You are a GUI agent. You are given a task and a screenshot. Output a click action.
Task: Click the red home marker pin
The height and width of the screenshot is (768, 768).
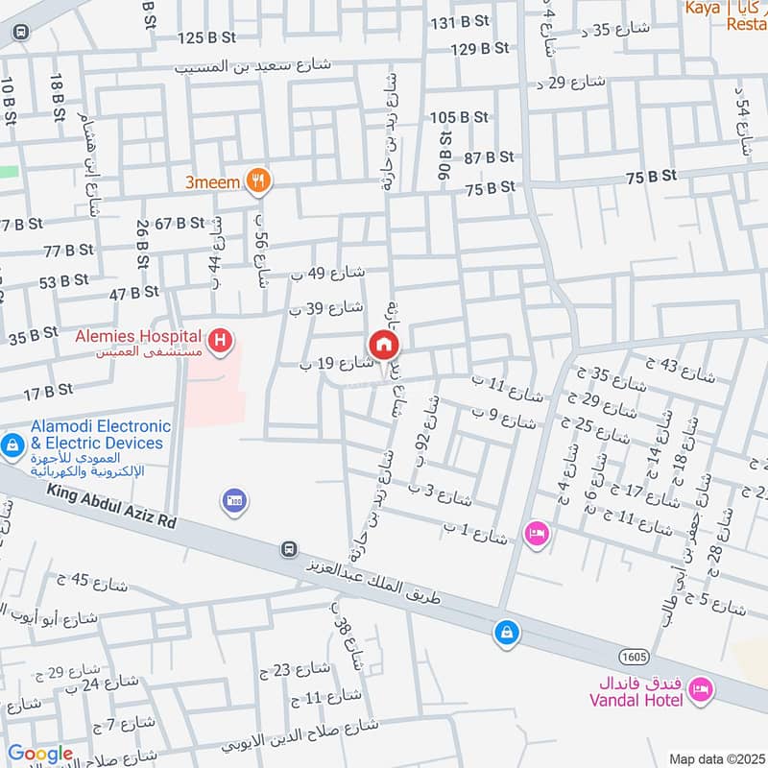coord(383,345)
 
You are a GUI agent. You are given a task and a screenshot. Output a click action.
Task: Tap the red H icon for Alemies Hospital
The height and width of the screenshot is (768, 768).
coord(222,340)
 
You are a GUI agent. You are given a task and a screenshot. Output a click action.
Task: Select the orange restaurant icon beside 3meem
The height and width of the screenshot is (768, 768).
coord(257,180)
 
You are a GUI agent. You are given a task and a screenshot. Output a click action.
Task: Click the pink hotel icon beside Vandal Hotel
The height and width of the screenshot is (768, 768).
coord(701,689)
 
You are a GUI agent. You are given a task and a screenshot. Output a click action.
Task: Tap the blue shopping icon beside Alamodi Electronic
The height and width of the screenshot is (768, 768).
coord(12,444)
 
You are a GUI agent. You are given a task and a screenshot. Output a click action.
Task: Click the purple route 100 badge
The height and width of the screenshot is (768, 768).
coord(233,500)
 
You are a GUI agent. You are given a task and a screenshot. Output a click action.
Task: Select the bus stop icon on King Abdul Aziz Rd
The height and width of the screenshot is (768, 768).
coord(287,549)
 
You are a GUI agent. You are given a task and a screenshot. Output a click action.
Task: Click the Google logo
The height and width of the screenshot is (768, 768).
coord(39,755)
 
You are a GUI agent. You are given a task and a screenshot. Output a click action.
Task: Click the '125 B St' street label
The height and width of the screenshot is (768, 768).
coord(206,37)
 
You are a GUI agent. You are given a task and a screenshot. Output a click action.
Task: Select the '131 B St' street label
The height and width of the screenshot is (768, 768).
coord(460,23)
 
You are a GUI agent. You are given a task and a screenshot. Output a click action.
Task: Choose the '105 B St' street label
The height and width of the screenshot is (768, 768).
coord(460,117)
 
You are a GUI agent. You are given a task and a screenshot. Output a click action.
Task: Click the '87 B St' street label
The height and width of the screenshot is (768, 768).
coord(490,156)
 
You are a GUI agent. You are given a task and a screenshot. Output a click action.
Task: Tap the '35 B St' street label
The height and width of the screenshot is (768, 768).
coord(33,336)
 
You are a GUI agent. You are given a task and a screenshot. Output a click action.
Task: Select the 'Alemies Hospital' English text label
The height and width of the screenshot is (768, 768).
coord(139,336)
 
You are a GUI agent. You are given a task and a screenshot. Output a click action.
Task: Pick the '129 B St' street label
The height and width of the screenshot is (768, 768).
coord(479,48)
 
